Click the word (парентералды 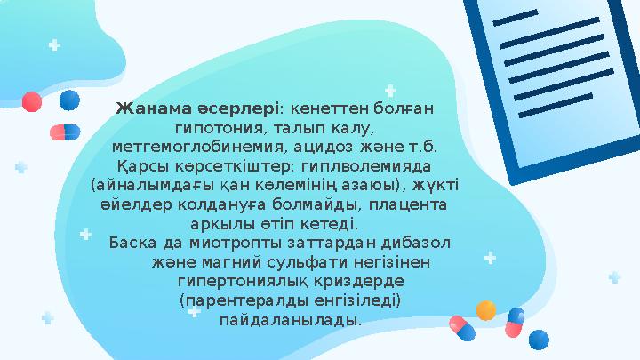click(x=234, y=300)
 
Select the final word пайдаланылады click(x=290, y=319)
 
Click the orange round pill click(x=486, y=310)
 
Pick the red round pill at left click(x=31, y=102)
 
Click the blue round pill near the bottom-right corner click(x=540, y=339)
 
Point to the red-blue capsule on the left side click(x=65, y=132)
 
